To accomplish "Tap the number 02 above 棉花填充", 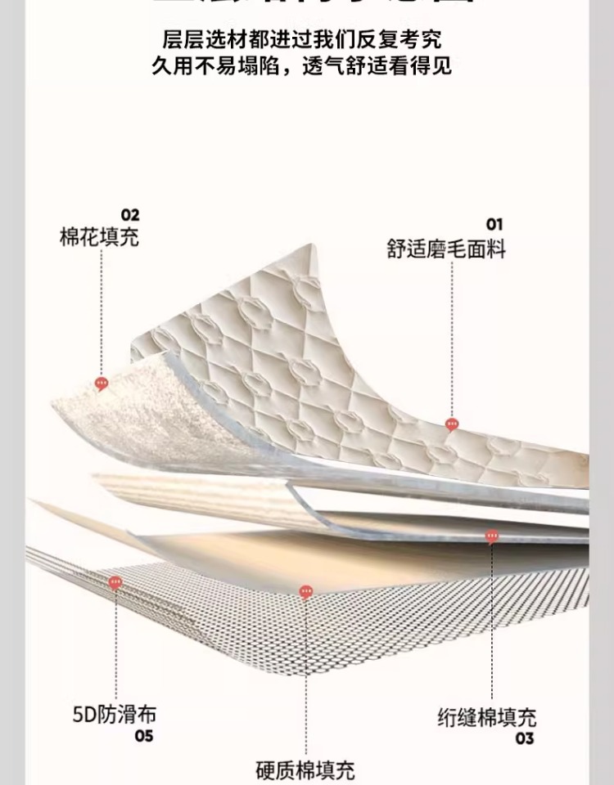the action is coord(130,215).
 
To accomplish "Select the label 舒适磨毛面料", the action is coord(446,248).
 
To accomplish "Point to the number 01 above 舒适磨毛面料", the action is coord(494,224).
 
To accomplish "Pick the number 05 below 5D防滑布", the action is coord(144,737).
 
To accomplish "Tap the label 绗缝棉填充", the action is coord(486,717).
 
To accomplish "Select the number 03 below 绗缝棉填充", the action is coord(525,739).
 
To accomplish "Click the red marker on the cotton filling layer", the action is coord(102,383).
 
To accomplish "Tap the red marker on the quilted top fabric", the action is coord(452,424).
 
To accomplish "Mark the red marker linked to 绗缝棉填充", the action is coord(492,536).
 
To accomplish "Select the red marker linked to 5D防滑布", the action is coord(115,582).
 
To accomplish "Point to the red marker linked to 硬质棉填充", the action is coord(305,591).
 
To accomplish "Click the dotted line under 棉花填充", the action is coord(101,311).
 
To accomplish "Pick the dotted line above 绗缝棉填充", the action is coord(492,621).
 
